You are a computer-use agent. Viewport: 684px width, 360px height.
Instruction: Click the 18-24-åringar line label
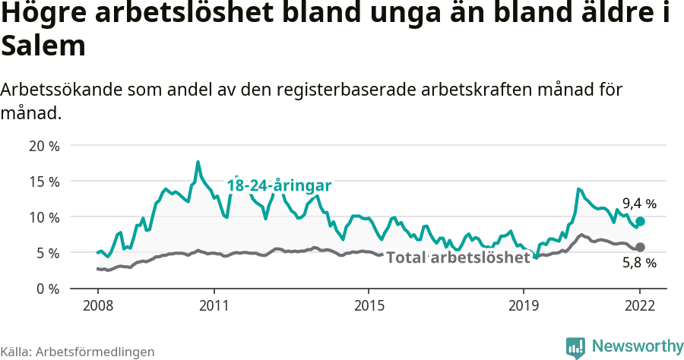280,185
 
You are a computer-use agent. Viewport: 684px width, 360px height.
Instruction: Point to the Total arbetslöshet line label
458,257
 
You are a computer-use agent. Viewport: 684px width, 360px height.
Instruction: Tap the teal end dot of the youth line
641,221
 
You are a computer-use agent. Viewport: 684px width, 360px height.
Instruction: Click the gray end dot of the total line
641,247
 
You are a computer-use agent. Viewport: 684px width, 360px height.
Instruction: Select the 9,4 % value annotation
639,204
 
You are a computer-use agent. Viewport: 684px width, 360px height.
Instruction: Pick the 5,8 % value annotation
639,264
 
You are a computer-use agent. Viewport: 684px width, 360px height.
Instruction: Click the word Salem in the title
43,47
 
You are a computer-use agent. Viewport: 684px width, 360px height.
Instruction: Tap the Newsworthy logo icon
575,347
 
